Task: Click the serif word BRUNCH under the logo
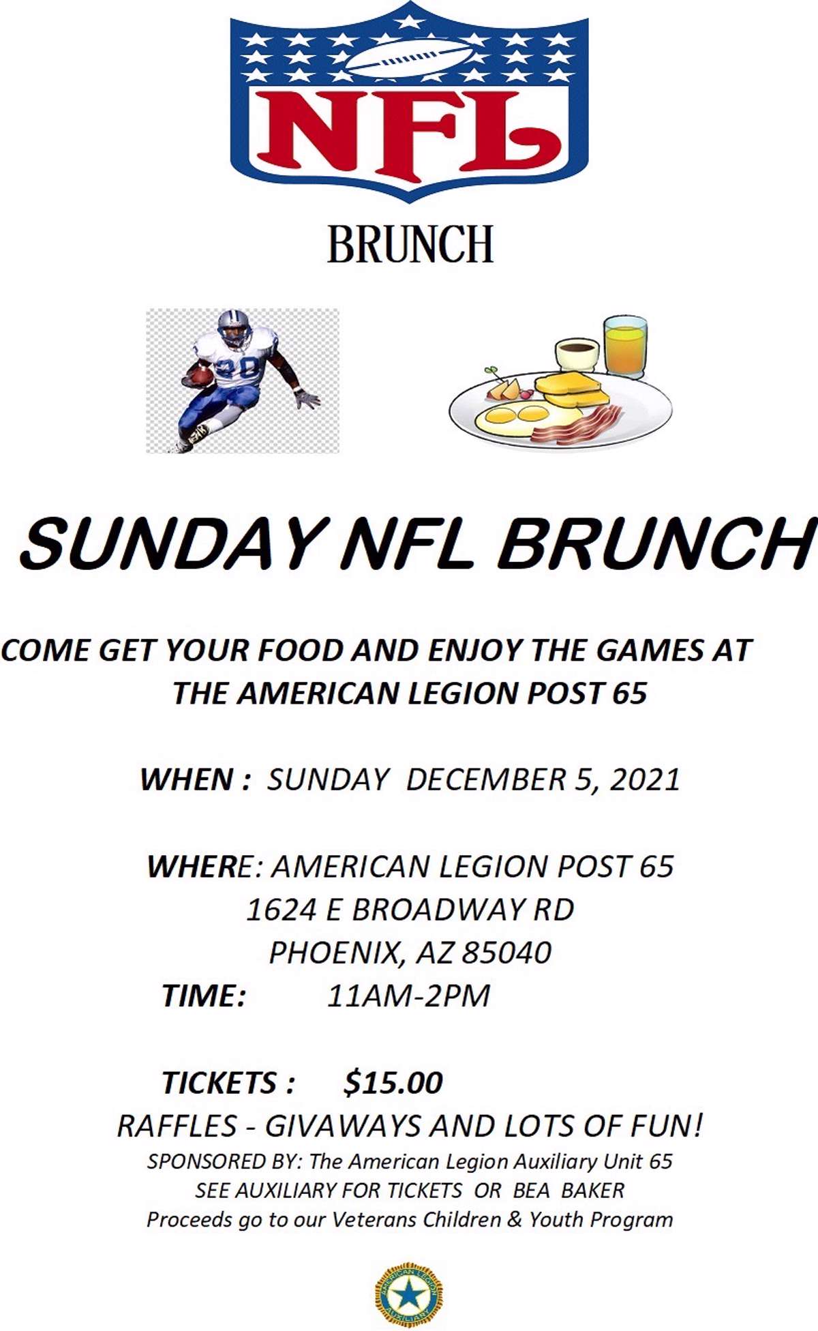coord(410,245)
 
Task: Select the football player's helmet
coord(234,327)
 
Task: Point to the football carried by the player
coord(201,376)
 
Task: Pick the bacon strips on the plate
coord(577,425)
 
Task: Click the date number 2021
coord(645,779)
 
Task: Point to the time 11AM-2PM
coord(408,996)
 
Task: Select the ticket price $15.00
coord(393,1082)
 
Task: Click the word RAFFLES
coord(177,1126)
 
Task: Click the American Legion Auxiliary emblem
coord(409,1291)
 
